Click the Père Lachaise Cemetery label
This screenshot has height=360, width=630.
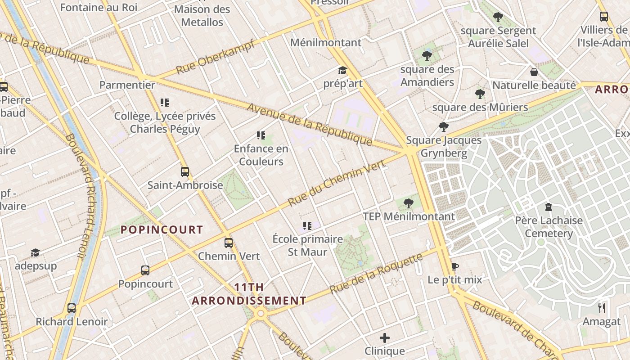click(549, 227)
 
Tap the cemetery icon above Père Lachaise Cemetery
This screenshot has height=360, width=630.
click(548, 207)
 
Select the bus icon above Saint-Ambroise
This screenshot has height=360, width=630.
click(184, 171)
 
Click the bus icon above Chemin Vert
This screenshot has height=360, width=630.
click(229, 243)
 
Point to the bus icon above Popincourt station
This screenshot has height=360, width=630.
click(145, 270)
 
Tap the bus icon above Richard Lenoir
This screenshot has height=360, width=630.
click(72, 308)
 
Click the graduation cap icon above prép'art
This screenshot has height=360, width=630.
click(342, 70)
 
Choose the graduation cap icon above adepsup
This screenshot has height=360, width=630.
click(35, 252)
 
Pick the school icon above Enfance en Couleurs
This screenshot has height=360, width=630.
click(261, 135)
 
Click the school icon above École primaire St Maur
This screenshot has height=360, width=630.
click(307, 225)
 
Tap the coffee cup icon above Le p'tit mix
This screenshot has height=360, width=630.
click(454, 266)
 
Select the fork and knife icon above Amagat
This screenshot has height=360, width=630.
click(602, 308)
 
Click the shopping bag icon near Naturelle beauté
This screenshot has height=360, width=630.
click(534, 72)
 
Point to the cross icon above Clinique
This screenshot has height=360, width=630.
click(385, 337)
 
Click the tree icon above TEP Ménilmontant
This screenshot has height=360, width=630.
click(409, 203)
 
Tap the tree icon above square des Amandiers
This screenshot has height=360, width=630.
click(427, 56)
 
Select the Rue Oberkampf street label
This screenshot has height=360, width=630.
click(215, 57)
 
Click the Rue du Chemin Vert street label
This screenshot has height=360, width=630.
click(336, 183)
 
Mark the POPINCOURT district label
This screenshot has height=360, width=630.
click(162, 229)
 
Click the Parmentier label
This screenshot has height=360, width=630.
click(127, 85)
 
